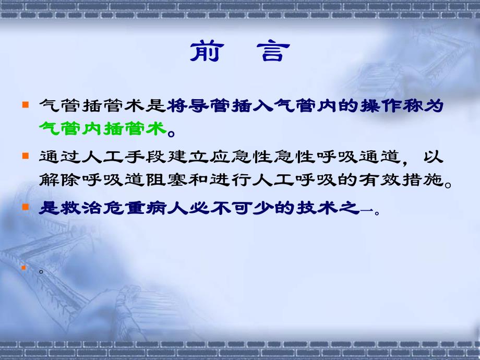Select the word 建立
(193, 157)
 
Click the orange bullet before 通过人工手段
(25, 156)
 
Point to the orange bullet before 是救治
(25, 207)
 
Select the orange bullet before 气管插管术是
(25, 105)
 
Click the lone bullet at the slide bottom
(25, 268)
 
